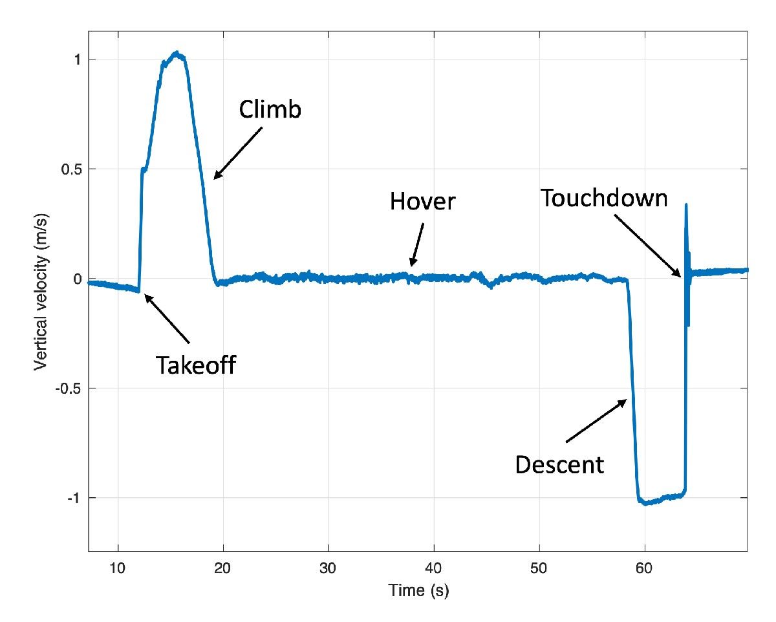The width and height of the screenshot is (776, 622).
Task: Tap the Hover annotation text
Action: pyautogui.click(x=423, y=202)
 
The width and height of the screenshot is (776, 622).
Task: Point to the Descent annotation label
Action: pyautogui.click(x=559, y=464)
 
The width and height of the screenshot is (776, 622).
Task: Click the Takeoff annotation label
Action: pyautogui.click(x=195, y=366)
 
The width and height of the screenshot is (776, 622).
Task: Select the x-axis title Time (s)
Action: pyautogui.click(x=418, y=591)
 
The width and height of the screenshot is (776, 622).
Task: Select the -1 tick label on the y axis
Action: pyautogui.click(x=73, y=498)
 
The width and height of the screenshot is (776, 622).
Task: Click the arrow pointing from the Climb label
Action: pyautogui.click(x=238, y=152)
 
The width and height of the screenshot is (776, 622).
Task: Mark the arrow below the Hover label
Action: pyautogui.click(x=418, y=245)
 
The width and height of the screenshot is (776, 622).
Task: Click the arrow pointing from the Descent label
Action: pyautogui.click(x=596, y=421)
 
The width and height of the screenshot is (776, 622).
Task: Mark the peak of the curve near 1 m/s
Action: pyautogui.click(x=176, y=53)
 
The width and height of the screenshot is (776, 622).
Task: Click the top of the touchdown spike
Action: pyautogui.click(x=685, y=205)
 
